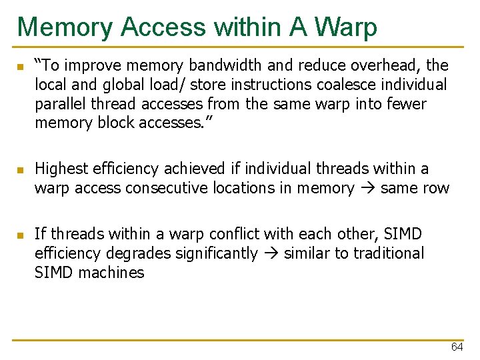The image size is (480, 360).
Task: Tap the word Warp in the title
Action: pyautogui.click(x=346, y=27)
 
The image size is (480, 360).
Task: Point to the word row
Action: pyautogui.click(x=436, y=189)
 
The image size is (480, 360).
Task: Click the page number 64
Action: pyautogui.click(x=457, y=347)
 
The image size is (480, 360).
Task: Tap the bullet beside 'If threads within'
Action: pyautogui.click(x=21, y=235)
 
